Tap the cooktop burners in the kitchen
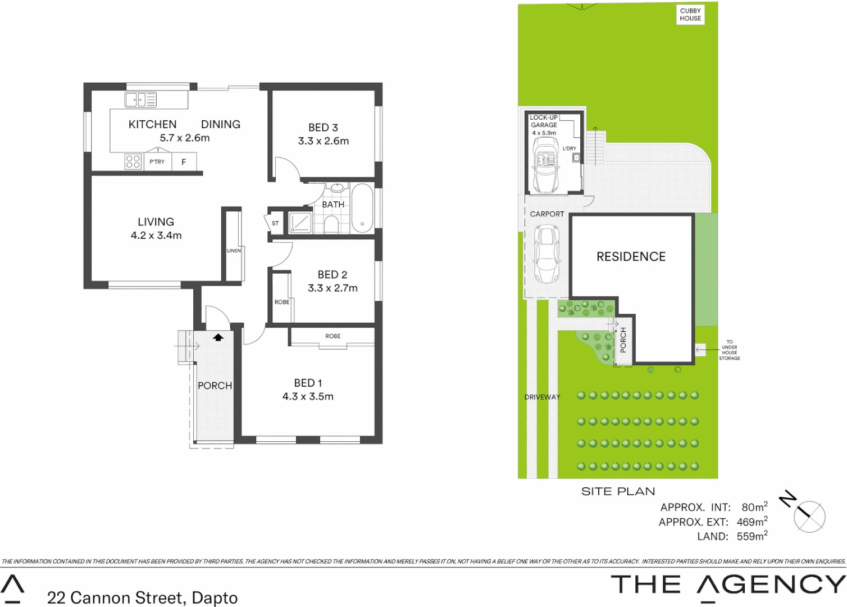(133, 162)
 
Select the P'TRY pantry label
(157, 162)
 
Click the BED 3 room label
(323, 128)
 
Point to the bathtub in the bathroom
(362, 208)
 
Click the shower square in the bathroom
(300, 222)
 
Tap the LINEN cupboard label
(234, 251)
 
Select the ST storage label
(275, 223)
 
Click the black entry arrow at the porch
(218, 337)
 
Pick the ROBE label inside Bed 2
(282, 302)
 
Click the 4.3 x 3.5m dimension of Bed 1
(308, 397)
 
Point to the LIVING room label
(156, 222)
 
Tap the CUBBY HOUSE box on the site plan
(690, 15)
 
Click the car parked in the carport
(547, 254)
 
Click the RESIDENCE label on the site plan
(631, 257)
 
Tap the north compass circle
(809, 517)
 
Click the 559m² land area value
(752, 536)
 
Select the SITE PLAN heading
(618, 492)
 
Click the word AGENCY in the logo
(771, 585)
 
